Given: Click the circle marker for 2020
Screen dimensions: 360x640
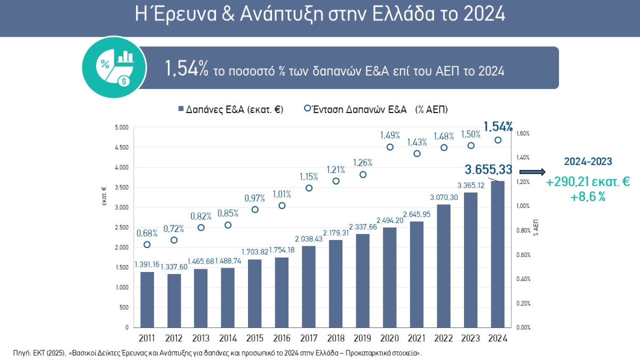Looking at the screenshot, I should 390,147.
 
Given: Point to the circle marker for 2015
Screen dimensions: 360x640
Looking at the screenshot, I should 255,210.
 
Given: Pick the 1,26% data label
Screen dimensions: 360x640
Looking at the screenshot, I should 363,163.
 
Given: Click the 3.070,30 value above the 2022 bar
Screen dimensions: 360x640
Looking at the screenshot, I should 444,198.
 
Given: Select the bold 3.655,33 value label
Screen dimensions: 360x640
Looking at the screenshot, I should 488,170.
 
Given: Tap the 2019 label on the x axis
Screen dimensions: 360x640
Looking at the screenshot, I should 363,338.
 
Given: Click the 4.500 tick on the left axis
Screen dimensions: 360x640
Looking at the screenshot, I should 122,147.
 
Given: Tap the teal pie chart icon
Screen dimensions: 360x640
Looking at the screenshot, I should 115,67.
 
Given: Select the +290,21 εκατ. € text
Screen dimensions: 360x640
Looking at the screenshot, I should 588,182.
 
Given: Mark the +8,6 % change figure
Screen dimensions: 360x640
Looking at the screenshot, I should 588,197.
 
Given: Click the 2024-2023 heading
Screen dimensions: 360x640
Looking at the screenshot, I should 588,161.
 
